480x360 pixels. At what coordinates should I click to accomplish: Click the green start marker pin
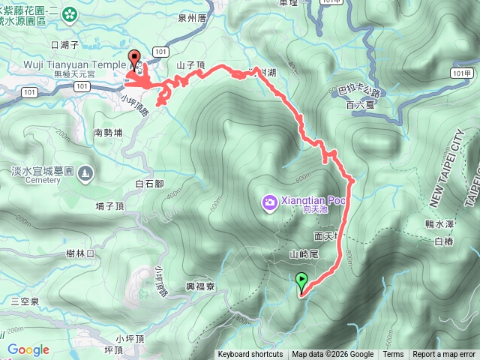click(x=302, y=282)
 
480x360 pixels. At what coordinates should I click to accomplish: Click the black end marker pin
click(x=135, y=58)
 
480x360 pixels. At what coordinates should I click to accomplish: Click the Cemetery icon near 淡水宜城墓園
click(x=85, y=172)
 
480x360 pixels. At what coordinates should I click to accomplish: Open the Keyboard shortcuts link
click(x=250, y=355)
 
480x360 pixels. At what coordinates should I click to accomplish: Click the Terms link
click(x=393, y=355)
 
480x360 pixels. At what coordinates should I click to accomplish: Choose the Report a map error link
click(x=444, y=355)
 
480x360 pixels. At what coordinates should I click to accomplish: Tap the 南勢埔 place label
click(x=109, y=133)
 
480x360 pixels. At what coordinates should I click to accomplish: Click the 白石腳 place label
click(x=149, y=183)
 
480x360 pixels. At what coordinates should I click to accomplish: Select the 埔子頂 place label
click(x=112, y=205)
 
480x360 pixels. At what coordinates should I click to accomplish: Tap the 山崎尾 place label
click(x=304, y=254)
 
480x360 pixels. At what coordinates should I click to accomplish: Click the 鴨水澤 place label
click(x=438, y=224)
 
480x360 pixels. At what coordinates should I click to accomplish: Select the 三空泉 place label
click(x=25, y=301)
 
